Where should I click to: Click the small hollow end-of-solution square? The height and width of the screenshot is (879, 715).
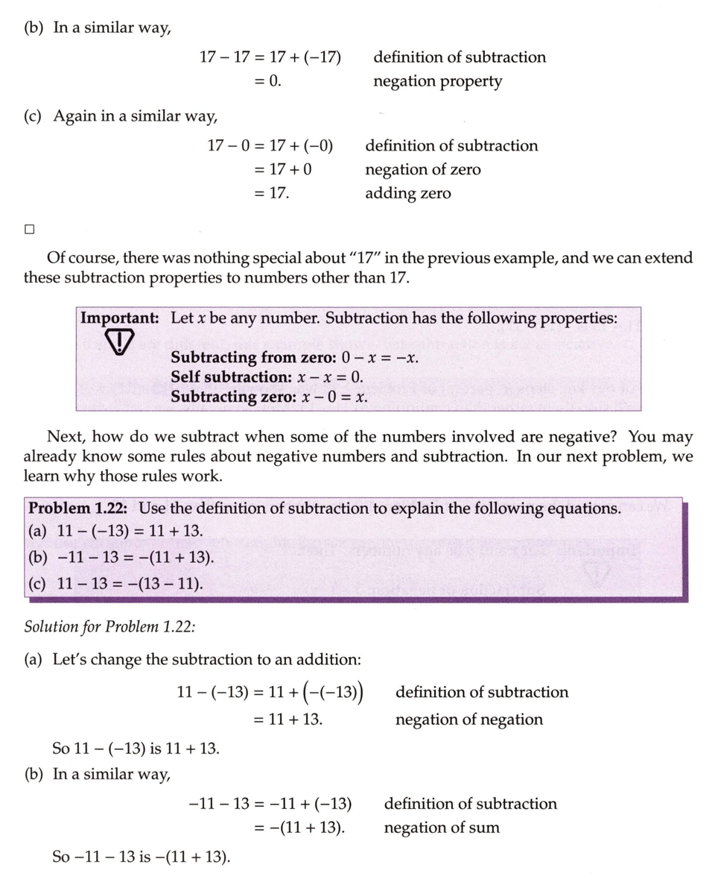(29, 230)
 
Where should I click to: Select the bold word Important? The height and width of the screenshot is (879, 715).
(119, 318)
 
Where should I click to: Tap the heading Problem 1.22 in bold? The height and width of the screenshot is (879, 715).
(77, 508)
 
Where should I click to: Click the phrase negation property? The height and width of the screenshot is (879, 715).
(437, 81)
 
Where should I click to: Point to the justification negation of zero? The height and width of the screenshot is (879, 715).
(422, 170)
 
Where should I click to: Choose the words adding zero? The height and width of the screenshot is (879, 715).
(407, 194)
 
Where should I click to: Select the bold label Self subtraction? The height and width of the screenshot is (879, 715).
(231, 377)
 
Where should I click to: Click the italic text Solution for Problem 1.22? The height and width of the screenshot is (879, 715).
(109, 626)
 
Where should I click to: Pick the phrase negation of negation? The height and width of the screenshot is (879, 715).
(468, 719)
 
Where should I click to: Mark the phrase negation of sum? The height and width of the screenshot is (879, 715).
(442, 828)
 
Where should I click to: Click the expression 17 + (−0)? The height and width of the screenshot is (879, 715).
(301, 145)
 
